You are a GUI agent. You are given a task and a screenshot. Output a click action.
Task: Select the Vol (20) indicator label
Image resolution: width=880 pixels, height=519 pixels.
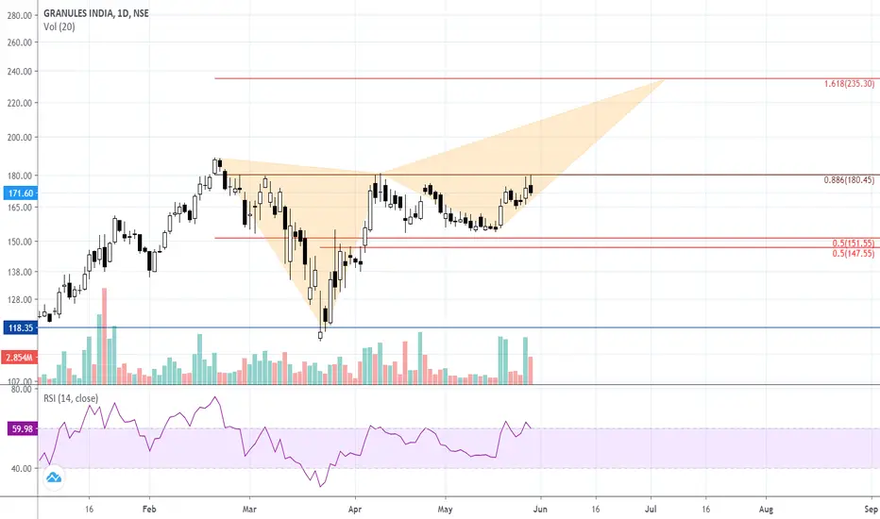[59, 26]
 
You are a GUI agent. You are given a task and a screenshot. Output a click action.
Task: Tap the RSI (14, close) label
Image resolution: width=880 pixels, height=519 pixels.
[71, 398]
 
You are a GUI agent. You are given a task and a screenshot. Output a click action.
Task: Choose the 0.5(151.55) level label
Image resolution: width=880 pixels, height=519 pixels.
[855, 243]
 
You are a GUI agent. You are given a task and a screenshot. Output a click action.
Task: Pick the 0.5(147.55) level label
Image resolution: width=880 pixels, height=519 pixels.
[855, 253]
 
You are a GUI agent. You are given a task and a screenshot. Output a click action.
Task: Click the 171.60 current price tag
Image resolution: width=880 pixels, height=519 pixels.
[19, 193]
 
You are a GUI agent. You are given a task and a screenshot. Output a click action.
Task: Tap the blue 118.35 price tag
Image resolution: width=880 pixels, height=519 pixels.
[19, 327]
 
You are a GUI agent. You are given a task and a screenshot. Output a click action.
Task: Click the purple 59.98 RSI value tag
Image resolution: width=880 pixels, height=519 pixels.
[19, 428]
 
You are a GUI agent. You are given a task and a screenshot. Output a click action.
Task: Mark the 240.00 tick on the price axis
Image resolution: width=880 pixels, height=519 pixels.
[19, 72]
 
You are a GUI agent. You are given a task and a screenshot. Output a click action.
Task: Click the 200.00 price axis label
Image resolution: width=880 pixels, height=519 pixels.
[19, 138]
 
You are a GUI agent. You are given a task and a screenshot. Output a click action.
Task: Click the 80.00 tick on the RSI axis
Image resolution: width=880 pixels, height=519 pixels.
[19, 389]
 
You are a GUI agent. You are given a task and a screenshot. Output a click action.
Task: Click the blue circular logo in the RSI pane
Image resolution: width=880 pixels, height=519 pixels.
[55, 478]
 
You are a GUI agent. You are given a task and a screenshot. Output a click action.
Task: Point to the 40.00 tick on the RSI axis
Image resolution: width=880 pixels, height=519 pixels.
[19, 469]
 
